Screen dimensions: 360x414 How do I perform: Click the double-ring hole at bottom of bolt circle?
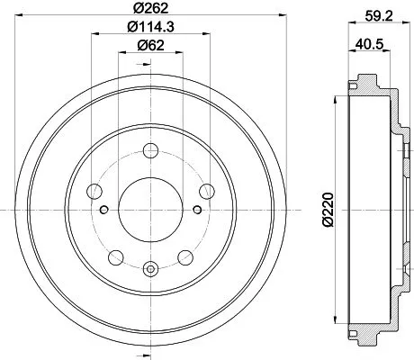149,267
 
